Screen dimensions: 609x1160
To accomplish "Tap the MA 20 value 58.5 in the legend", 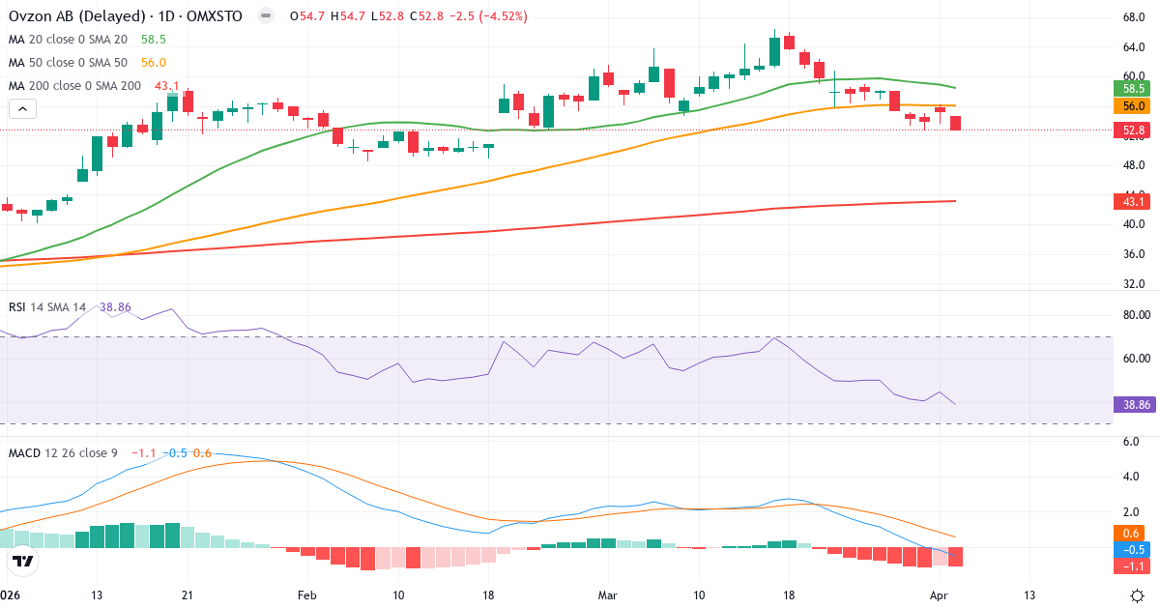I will point(154,40).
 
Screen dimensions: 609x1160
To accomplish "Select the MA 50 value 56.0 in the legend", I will point(154,63).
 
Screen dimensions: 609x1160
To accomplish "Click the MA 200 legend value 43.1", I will point(167,86).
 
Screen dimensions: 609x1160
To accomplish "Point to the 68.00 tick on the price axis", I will point(1134,17).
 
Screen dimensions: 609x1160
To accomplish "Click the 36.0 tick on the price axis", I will point(1132,254).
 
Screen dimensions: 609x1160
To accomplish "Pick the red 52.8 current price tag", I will point(1134,130).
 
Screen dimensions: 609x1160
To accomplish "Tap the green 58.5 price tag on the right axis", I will point(1134,88).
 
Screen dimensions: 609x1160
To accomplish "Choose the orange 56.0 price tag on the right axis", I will point(1134,106).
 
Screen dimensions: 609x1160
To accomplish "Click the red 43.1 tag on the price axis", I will point(1134,201).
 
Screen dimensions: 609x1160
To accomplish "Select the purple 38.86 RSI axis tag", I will point(1134,405).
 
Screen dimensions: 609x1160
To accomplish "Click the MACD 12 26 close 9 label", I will point(64,453).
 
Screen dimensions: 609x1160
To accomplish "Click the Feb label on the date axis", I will point(306,594).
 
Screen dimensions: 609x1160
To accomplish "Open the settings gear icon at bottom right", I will point(1138,594).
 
